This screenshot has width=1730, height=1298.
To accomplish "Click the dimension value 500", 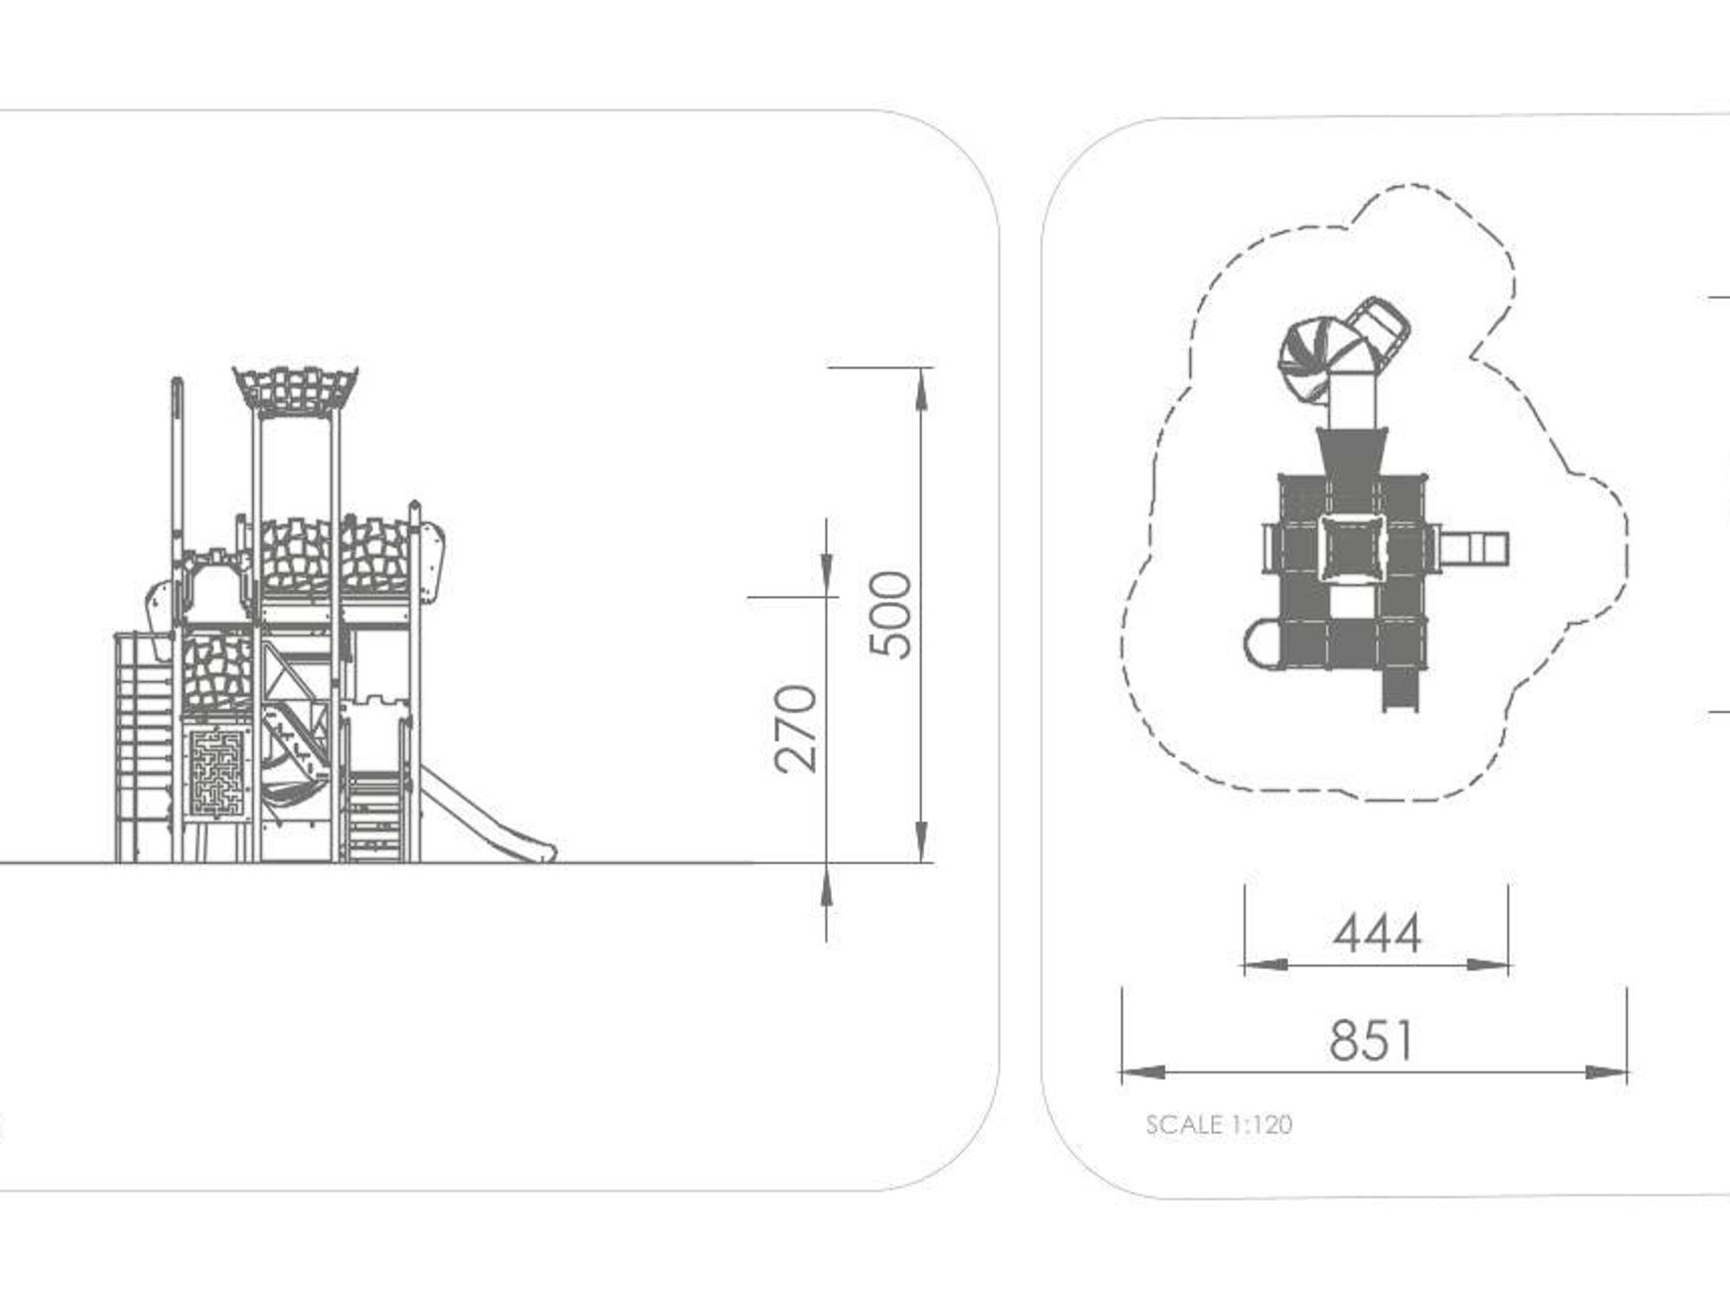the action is pos(890,614).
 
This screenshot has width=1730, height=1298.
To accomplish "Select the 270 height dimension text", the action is pos(796,728).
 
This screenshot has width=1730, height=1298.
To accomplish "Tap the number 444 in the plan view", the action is pos(1377,934).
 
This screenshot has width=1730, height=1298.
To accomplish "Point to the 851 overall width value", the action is pos(1373,1040).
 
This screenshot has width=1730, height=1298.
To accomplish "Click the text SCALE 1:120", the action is pos(1219,1124).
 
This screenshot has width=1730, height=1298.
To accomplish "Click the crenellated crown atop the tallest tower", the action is pos(296,389).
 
